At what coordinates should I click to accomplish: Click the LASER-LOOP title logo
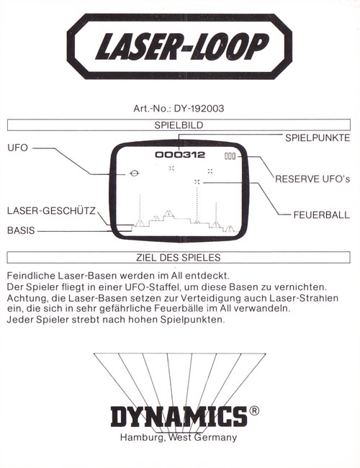tap(179, 46)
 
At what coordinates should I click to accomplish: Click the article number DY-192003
tap(199, 108)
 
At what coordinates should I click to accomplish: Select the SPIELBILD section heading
tap(179, 125)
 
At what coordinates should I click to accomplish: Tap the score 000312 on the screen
tap(180, 155)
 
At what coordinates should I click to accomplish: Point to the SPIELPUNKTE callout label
tap(318, 138)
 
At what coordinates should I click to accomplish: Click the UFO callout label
tap(17, 148)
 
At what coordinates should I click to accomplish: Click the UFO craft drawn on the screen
tap(135, 173)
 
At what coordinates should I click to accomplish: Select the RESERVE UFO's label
tap(312, 179)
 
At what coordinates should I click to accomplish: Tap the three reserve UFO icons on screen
tap(230, 156)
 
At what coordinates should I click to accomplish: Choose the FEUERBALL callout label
tap(322, 215)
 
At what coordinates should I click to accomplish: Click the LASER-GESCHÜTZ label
tap(51, 211)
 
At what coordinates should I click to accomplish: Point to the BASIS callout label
tap(21, 230)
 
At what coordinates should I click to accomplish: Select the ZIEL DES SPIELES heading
tap(179, 258)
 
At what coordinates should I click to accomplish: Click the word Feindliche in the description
tap(31, 275)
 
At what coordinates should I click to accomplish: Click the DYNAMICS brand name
tap(179, 416)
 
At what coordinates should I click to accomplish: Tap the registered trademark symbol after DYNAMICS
tap(254, 411)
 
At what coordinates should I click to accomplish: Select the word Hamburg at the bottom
tap(143, 438)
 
